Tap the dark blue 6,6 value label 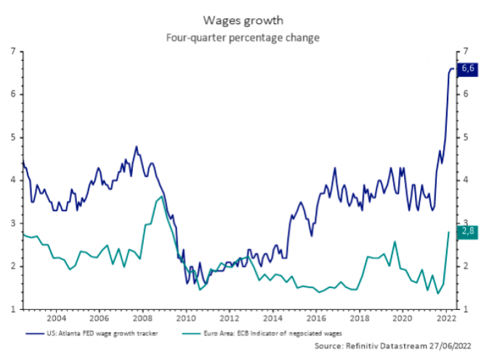point(468,68)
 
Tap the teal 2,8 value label point(468,231)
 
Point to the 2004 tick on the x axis point(56,319)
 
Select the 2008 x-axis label point(142,319)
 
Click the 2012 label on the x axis point(228,319)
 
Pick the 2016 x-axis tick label point(315,319)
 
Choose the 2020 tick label point(401,319)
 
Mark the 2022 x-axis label point(442,319)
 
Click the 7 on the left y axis point(13,52)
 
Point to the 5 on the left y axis point(13,137)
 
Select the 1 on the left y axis point(13,309)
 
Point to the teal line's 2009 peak point(161,196)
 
